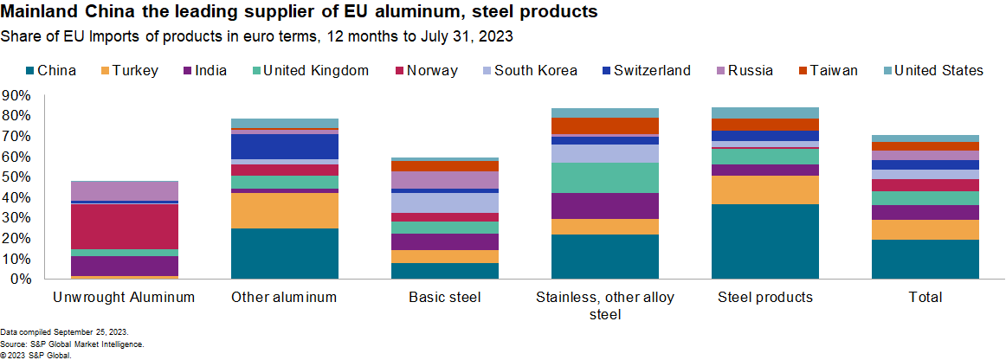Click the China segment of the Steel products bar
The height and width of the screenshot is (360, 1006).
click(x=765, y=241)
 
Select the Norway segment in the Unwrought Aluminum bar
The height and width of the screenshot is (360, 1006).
click(x=124, y=226)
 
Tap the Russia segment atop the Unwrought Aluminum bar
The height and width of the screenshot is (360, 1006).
click(x=124, y=190)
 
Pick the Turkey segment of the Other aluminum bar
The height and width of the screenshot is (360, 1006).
click(x=285, y=210)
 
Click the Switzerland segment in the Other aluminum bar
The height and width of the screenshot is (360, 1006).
click(x=285, y=146)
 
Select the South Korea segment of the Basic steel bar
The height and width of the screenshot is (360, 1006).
click(x=444, y=202)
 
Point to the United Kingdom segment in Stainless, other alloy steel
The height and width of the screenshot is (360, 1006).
click(x=604, y=177)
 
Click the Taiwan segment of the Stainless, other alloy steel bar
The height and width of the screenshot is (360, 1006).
click(x=604, y=126)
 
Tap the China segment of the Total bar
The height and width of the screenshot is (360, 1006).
click(x=925, y=259)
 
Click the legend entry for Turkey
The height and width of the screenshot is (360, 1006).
click(x=130, y=71)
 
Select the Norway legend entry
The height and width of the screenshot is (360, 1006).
click(x=426, y=71)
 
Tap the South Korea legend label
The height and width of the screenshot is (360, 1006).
click(x=535, y=71)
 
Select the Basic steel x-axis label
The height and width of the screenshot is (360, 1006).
click(x=444, y=298)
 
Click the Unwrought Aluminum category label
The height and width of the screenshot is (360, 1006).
click(x=124, y=298)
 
